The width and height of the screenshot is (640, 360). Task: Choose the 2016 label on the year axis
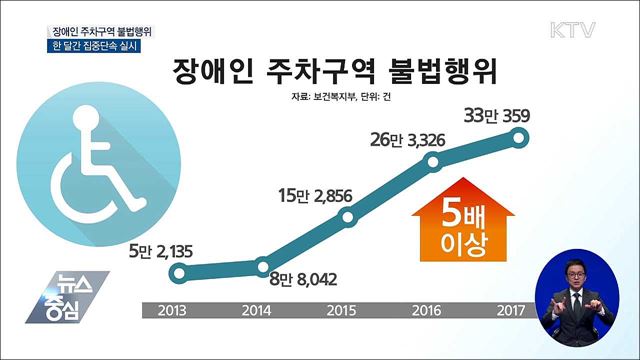pyautogui.click(x=439, y=310)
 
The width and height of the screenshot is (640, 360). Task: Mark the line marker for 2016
pyautogui.click(x=435, y=163)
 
